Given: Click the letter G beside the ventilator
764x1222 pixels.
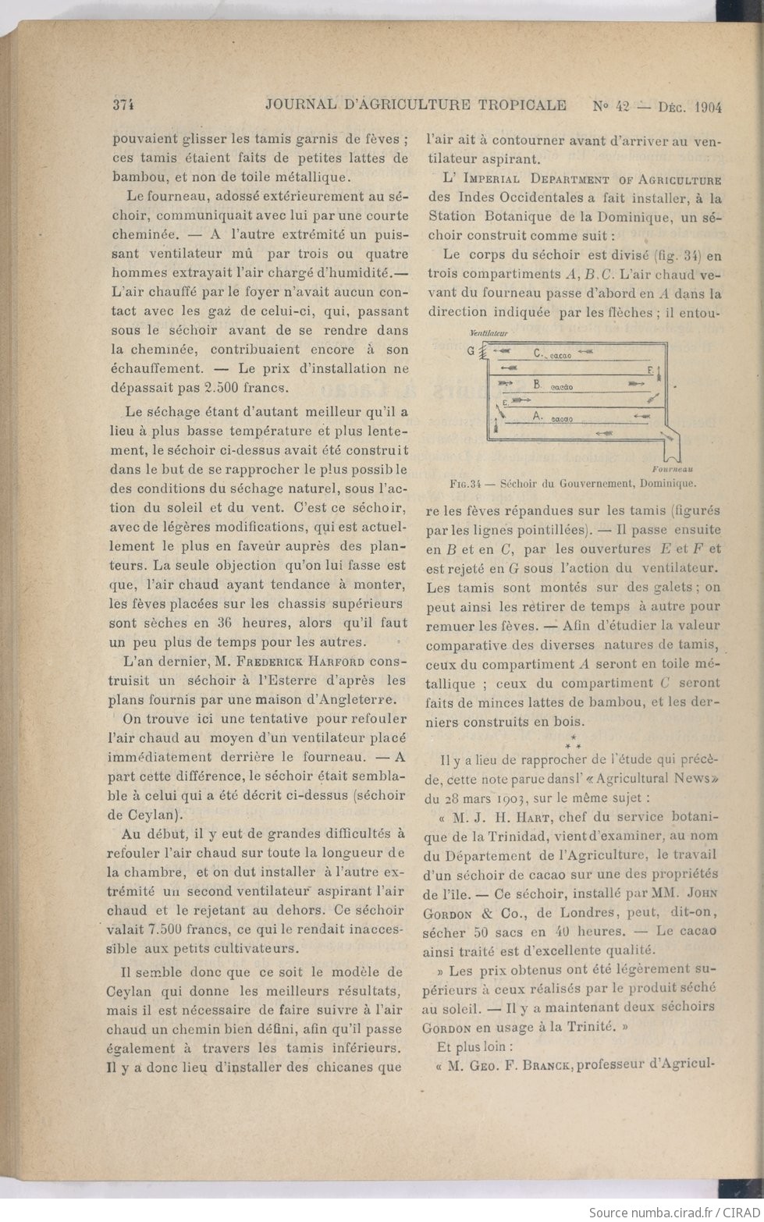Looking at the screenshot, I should (470, 350).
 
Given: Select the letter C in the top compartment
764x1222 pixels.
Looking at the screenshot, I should (538, 353).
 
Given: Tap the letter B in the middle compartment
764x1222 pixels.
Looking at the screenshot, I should (536, 385).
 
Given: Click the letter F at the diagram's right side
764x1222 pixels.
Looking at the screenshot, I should (650, 368).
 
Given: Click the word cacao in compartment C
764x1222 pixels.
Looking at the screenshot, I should (560, 356).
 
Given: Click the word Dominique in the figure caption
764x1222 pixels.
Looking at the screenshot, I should (670, 483).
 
